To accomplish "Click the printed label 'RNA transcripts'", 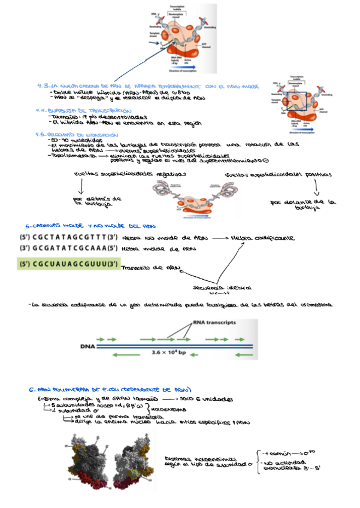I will tap(214, 322).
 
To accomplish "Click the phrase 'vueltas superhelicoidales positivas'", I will tap(278, 174).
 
